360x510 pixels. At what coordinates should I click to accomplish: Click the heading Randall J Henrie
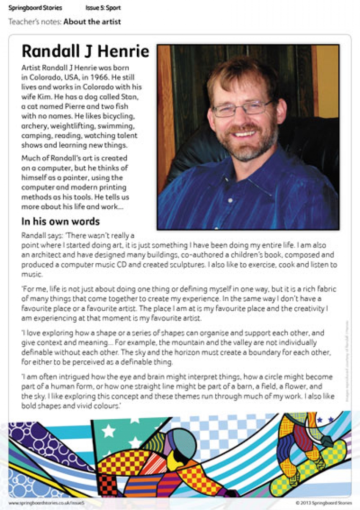pyautogui.click(x=85, y=52)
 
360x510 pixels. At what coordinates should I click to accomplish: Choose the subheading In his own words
pyautogui.click(x=61, y=221)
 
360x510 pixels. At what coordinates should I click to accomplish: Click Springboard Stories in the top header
pyautogui.click(x=35, y=8)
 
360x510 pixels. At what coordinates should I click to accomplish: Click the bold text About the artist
pyautogui.click(x=92, y=22)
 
